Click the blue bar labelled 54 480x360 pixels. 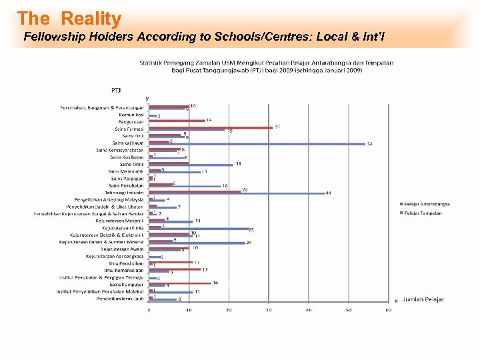pyautogui.click(x=257, y=143)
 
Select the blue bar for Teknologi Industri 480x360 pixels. pyautogui.click(x=237, y=193)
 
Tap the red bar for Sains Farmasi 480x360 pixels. pyautogui.click(x=210, y=127)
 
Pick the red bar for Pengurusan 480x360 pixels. pyautogui.click(x=177, y=121)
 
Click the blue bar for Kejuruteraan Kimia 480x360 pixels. pyautogui.click(x=198, y=229)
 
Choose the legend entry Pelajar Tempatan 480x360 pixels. pyautogui.click(x=425, y=213)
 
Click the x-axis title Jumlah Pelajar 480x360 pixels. pyautogui.click(x=423, y=300)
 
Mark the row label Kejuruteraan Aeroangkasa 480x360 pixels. pyautogui.click(x=115, y=256)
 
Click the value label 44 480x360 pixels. pyautogui.click(x=328, y=193)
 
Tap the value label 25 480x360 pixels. pyautogui.click(x=251, y=229)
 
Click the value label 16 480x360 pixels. pyautogui.click(x=215, y=283)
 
